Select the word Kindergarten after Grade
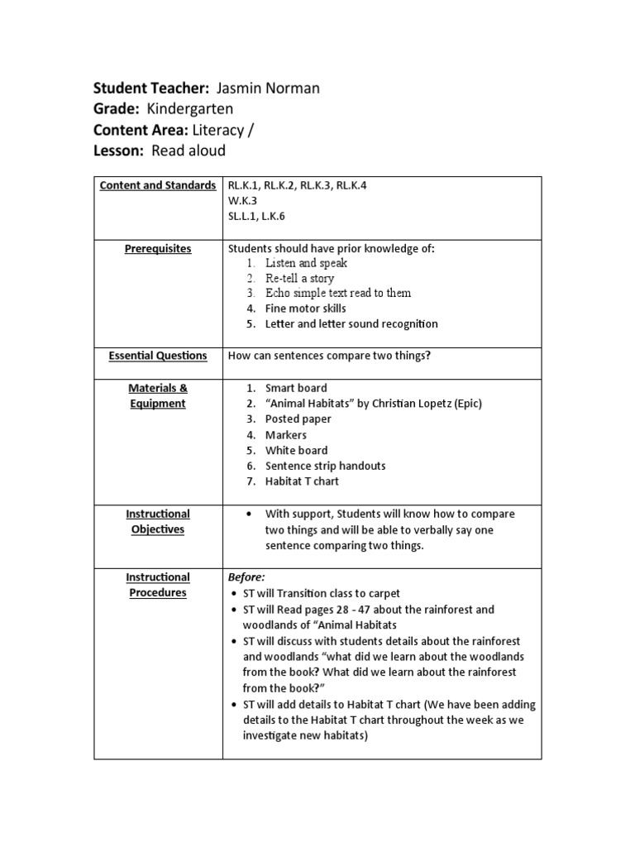point(189,109)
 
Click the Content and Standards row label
point(158,185)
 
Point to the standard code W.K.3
point(243,201)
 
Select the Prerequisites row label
point(158,248)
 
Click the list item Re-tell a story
point(299,278)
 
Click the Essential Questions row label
point(158,356)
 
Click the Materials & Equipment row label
point(158,395)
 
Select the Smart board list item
point(296,388)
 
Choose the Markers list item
point(285,434)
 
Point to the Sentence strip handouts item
point(325,466)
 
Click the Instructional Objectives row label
point(158,521)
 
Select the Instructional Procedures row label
point(158,585)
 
